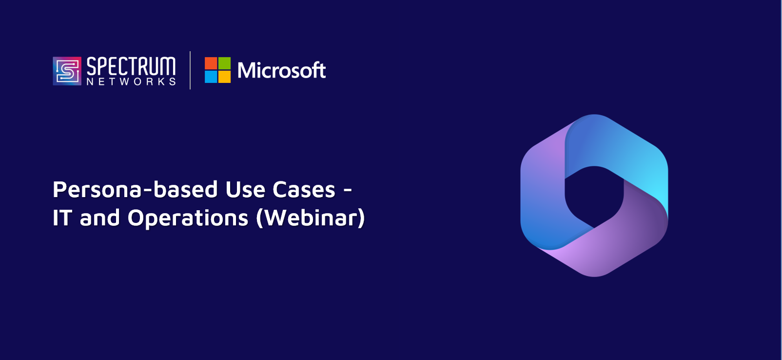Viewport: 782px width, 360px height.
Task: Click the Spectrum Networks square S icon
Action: tap(67, 71)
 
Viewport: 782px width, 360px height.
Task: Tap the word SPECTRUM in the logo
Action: tap(131, 66)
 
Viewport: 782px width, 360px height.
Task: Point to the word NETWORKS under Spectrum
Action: tap(131, 81)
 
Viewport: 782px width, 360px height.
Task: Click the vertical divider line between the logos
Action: tap(190, 70)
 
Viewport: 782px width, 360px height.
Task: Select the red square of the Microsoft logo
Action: tap(211, 63)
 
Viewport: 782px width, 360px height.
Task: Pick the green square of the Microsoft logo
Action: tap(224, 63)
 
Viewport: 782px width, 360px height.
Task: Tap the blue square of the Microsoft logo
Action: tap(211, 77)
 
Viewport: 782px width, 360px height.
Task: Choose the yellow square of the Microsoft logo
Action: tap(224, 77)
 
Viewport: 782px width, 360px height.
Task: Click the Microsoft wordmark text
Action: tap(281, 70)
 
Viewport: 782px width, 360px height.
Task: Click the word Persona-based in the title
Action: tap(135, 190)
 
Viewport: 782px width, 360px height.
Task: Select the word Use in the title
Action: tap(245, 190)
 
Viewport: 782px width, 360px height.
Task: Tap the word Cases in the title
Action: tap(304, 190)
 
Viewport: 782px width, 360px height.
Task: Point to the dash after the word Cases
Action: tap(348, 191)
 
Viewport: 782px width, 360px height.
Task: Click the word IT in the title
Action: tap(62, 218)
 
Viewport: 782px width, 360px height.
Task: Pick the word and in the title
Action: tap(100, 218)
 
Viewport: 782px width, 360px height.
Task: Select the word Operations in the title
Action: tap(188, 218)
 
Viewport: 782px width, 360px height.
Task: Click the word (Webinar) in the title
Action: tap(311, 218)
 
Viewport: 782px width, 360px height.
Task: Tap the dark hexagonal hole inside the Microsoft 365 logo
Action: tap(594, 197)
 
